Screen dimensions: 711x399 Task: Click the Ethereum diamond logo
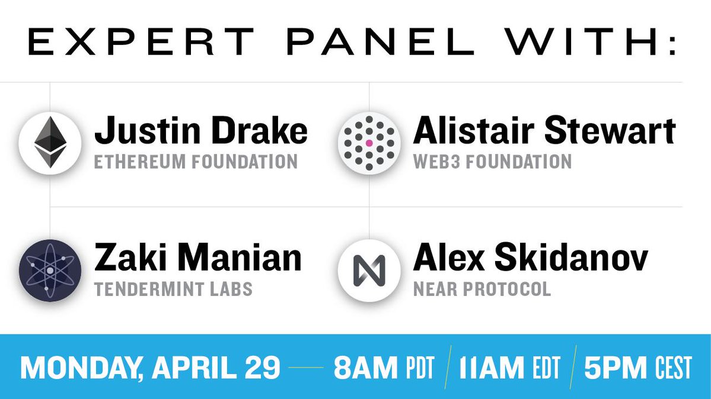pos(50,143)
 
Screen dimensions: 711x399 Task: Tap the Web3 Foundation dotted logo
pos(369,143)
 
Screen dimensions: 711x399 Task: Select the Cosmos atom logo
pos(50,271)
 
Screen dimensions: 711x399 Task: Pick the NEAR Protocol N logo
pos(369,271)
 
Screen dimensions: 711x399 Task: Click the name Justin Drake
pos(201,130)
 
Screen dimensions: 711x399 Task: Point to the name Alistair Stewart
pos(544,130)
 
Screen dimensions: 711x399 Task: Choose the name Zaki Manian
pos(197,258)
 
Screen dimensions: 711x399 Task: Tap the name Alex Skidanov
pos(531,258)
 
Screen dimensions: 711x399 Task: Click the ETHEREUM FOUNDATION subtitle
pos(196,162)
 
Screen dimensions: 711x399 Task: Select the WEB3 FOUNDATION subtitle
pos(492,162)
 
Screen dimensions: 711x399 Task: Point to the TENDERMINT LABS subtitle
pos(173,289)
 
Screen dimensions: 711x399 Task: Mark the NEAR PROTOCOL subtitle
pos(482,289)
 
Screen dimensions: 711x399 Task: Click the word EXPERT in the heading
pos(141,41)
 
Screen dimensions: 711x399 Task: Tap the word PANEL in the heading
pos(380,41)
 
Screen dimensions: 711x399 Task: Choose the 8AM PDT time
pos(384,368)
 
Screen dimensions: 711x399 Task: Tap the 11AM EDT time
pos(509,368)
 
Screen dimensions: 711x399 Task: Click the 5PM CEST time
pos(638,368)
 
